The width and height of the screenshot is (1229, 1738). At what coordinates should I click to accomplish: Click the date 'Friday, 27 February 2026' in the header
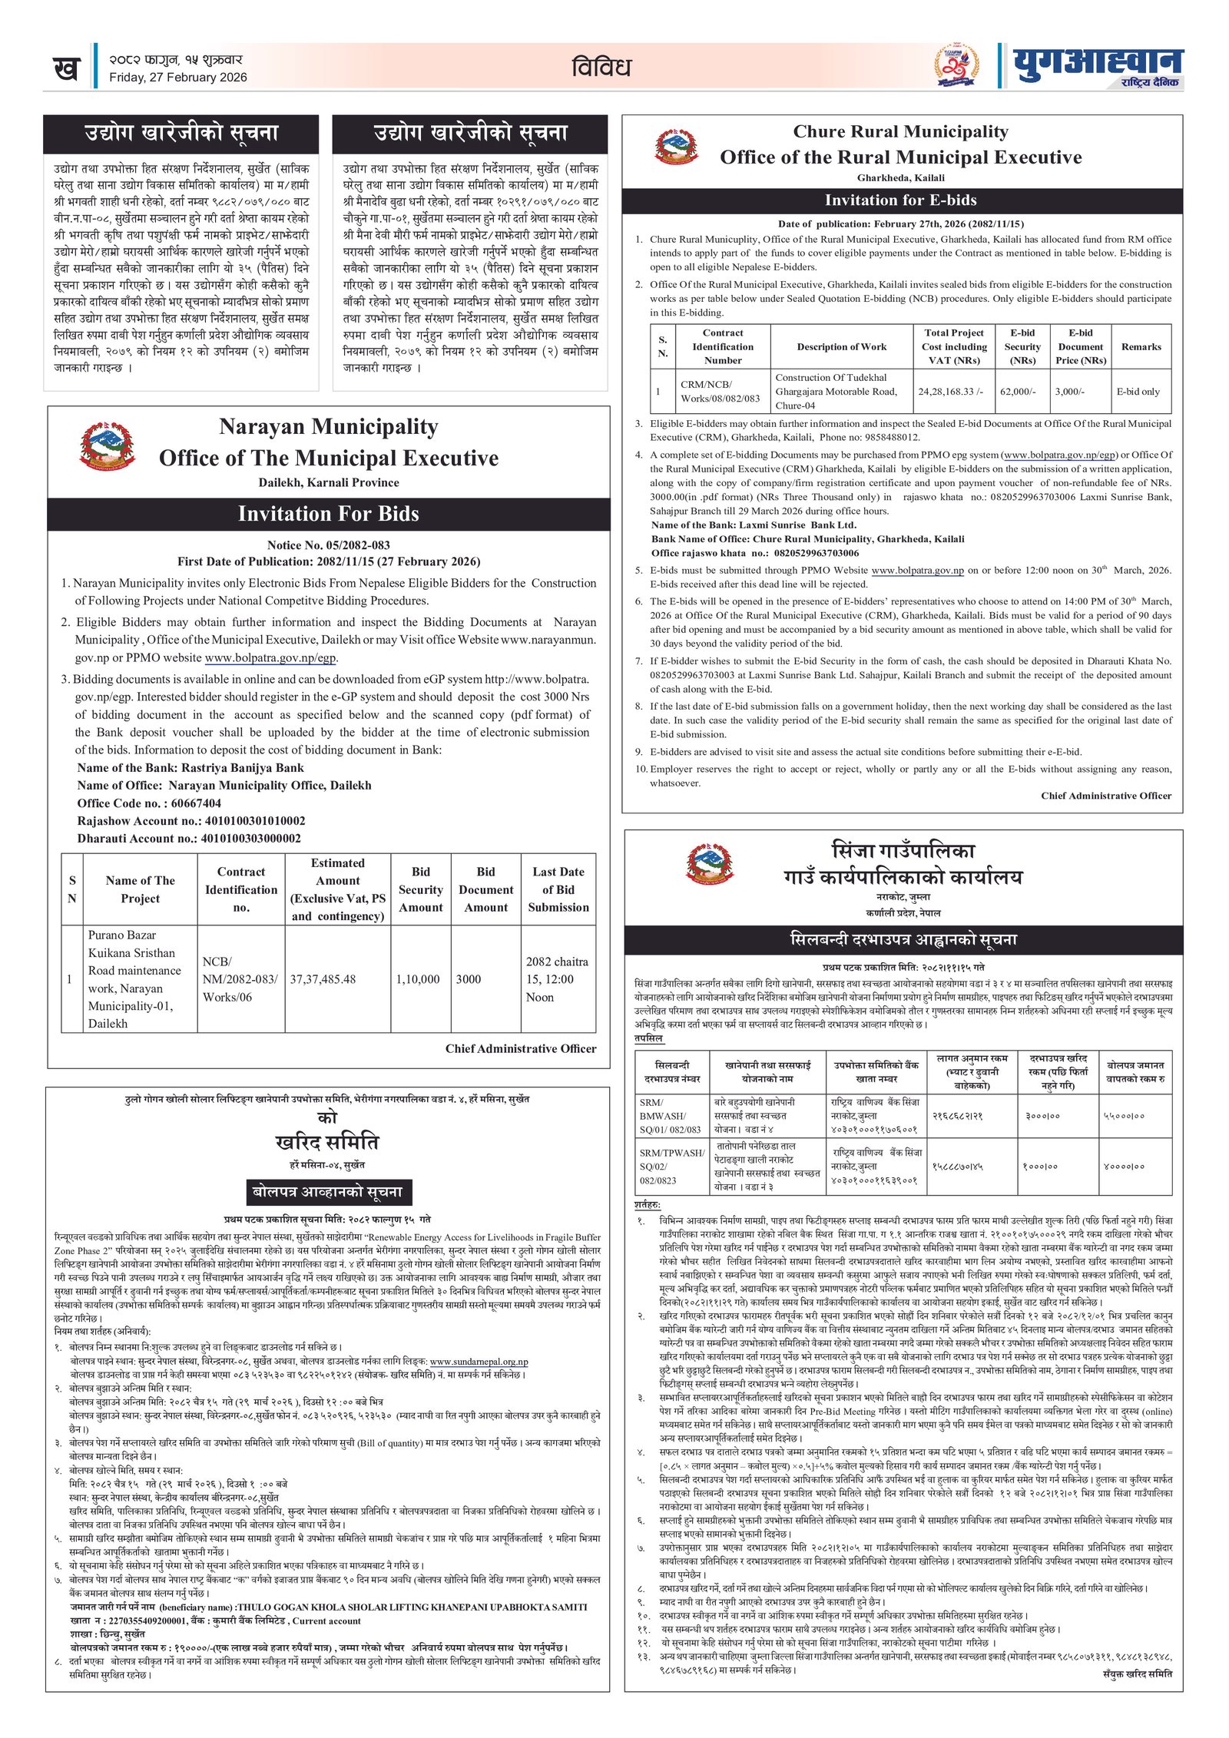[177, 78]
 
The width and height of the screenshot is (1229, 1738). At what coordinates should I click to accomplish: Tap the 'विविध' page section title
[601, 68]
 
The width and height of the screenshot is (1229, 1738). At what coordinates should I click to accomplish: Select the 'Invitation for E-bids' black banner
[900, 200]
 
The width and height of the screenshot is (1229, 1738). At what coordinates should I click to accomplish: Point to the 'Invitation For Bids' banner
[328, 514]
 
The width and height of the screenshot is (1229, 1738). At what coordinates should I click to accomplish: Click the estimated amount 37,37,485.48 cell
[323, 979]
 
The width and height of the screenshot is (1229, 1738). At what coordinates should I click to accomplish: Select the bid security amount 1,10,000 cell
[418, 979]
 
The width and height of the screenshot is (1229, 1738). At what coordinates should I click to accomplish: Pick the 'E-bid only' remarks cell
[1138, 392]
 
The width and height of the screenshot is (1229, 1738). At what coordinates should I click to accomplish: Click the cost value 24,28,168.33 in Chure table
[950, 392]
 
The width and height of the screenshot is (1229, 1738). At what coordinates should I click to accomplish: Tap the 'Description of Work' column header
[841, 347]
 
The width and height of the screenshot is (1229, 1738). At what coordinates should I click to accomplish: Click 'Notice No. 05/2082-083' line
[328, 545]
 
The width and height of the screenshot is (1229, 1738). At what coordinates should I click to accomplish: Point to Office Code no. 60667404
[149, 803]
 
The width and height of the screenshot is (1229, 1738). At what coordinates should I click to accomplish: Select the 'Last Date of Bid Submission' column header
[558, 889]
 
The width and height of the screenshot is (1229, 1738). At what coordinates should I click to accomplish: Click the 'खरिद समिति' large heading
[327, 1142]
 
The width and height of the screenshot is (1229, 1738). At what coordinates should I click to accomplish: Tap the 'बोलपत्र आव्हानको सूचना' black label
[328, 1192]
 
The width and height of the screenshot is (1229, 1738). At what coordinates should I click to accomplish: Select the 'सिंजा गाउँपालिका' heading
[903, 850]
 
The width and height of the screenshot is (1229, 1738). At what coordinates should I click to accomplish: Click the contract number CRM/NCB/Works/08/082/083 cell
[720, 392]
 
